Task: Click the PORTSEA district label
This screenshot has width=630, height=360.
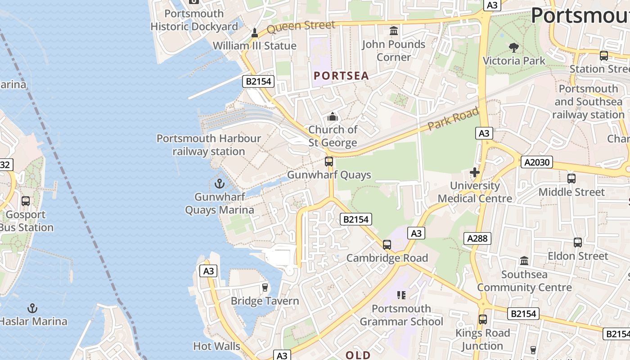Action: [341, 76]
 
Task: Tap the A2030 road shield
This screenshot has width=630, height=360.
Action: [536, 162]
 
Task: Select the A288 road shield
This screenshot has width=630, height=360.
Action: [477, 238]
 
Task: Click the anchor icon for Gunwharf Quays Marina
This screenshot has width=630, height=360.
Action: [220, 184]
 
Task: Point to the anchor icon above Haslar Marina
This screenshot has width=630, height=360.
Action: [32, 308]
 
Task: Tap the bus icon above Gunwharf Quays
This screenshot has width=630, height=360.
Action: [329, 162]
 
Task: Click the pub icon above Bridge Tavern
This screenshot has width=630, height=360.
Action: [265, 287]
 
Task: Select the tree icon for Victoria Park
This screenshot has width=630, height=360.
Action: [513, 47]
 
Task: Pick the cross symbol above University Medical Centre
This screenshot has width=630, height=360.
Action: [474, 172]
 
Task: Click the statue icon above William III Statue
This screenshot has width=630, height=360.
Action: [254, 32]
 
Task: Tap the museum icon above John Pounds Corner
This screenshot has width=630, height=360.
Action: [394, 31]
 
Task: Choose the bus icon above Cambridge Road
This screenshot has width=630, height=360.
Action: [387, 245]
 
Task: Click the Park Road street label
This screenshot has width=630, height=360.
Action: [453, 119]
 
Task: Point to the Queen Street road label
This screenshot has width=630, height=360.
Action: [301, 27]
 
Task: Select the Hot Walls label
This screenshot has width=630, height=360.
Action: [216, 346]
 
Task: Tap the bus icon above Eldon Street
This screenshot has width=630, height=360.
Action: [578, 243]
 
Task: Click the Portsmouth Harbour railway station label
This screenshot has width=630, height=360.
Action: [209, 145]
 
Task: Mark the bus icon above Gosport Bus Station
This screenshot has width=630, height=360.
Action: [26, 201]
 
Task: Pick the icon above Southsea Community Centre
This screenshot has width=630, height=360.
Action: [524, 261]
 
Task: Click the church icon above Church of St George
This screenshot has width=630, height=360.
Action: [333, 117]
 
